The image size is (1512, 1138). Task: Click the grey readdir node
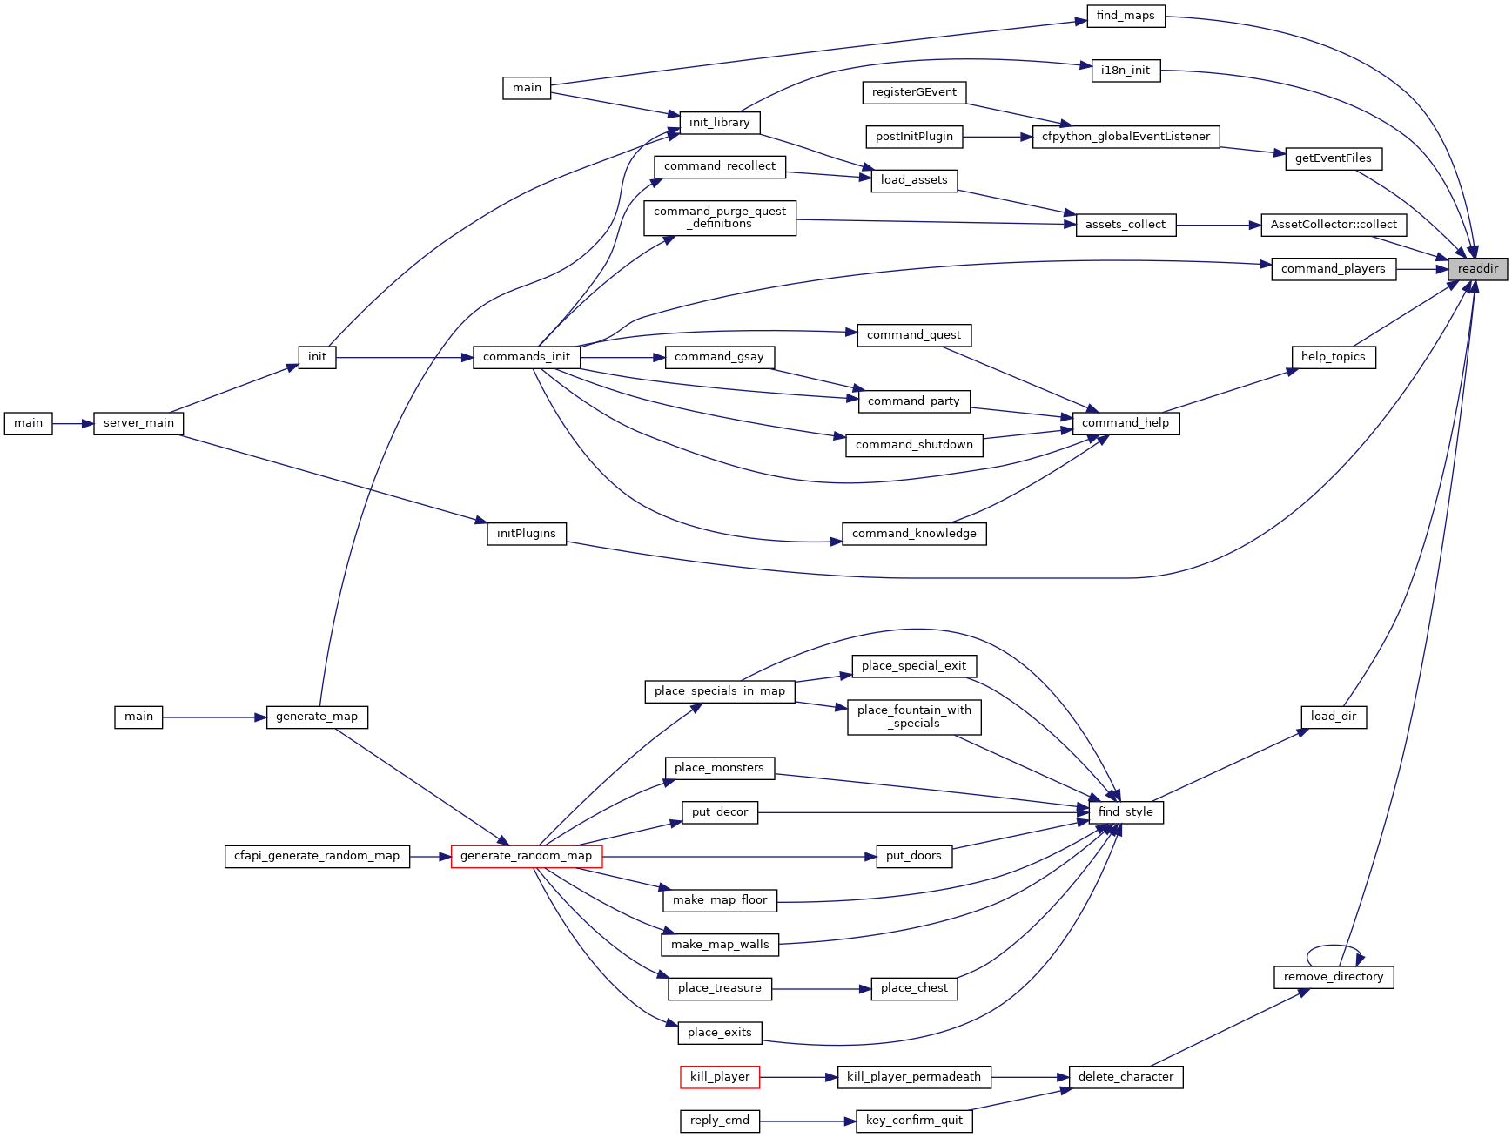(1477, 269)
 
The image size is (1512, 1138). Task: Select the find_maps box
(1126, 16)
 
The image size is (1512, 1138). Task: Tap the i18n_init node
(1126, 71)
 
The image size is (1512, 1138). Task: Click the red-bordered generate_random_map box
(527, 856)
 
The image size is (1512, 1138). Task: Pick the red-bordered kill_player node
(720, 1077)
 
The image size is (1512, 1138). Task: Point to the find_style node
(1126, 812)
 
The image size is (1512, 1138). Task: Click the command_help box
(1126, 423)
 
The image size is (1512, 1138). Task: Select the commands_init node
(527, 357)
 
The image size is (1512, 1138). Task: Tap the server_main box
(138, 423)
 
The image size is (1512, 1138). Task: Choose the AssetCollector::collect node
(1334, 225)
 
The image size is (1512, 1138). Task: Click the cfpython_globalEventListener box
(1126, 137)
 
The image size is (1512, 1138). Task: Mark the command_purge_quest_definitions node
(720, 218)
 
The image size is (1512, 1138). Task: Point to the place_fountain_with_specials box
(914, 717)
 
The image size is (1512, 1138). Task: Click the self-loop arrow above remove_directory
(1334, 946)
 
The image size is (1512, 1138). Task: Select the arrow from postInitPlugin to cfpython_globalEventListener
(998, 137)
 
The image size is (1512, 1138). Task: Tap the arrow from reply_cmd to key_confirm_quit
(808, 1121)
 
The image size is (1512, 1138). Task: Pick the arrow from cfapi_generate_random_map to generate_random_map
(430, 856)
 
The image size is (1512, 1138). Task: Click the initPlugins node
(527, 534)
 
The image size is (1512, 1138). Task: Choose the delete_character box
(1126, 1077)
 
